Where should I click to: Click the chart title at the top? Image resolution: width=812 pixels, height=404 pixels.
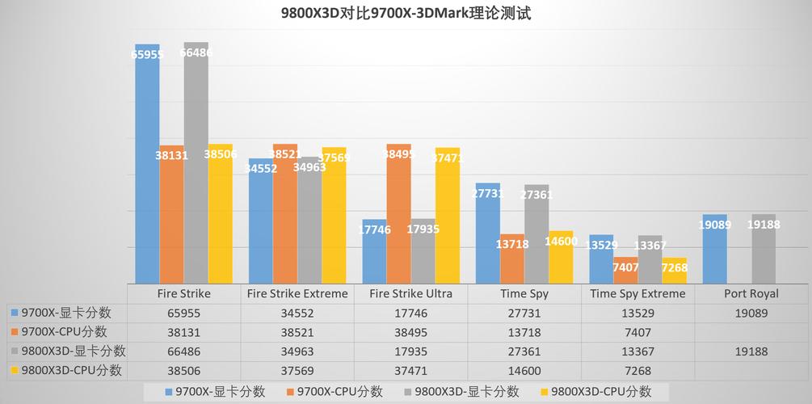[x=406, y=14]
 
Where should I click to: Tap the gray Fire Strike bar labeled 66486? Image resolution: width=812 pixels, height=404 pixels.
[x=196, y=162]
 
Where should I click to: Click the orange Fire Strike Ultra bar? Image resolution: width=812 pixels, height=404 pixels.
[x=398, y=214]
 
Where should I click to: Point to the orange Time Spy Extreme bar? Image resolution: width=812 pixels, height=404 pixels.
[x=625, y=271]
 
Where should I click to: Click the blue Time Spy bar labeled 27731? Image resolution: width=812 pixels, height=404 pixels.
[x=487, y=234]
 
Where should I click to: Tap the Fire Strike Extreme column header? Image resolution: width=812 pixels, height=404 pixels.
[x=297, y=293]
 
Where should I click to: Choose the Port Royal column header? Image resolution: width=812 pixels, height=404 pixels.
[x=751, y=293]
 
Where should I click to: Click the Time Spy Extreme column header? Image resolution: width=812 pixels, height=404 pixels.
[x=637, y=293]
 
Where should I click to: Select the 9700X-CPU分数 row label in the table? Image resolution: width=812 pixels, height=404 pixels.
[x=64, y=331]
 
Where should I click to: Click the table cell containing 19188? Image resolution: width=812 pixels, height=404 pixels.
[x=751, y=351]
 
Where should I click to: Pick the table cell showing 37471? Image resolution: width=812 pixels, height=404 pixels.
[x=410, y=371]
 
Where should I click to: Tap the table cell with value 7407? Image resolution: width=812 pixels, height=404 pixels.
[x=637, y=332]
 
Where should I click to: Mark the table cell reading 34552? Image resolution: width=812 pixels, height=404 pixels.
[x=297, y=313]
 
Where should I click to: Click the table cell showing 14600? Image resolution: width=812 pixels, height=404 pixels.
[x=524, y=371]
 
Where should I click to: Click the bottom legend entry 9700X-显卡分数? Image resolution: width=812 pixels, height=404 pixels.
[x=214, y=392]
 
